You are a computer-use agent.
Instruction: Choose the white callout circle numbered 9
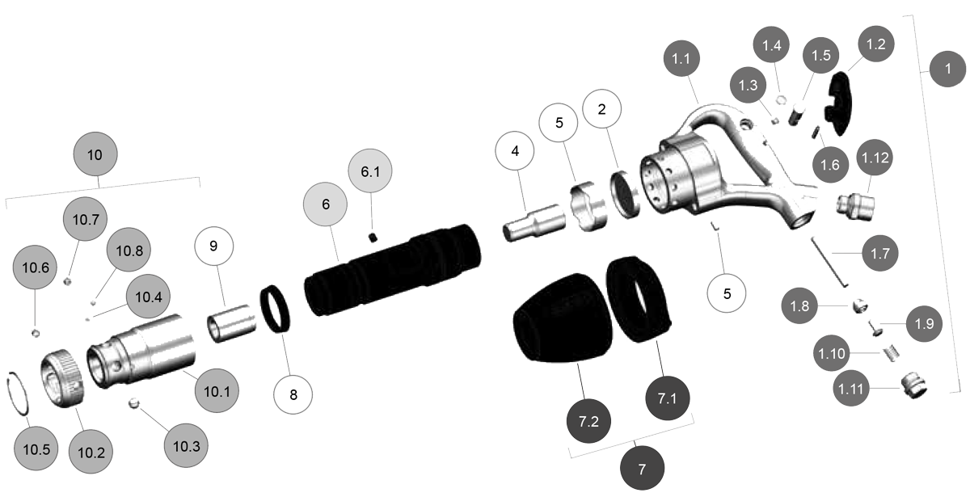pyautogui.click(x=213, y=247)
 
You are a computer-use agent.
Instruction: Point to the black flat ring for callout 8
pyautogui.click(x=280, y=310)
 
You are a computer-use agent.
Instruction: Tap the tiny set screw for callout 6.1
pyautogui.click(x=373, y=236)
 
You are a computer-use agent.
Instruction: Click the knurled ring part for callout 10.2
pyautogui.click(x=62, y=376)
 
